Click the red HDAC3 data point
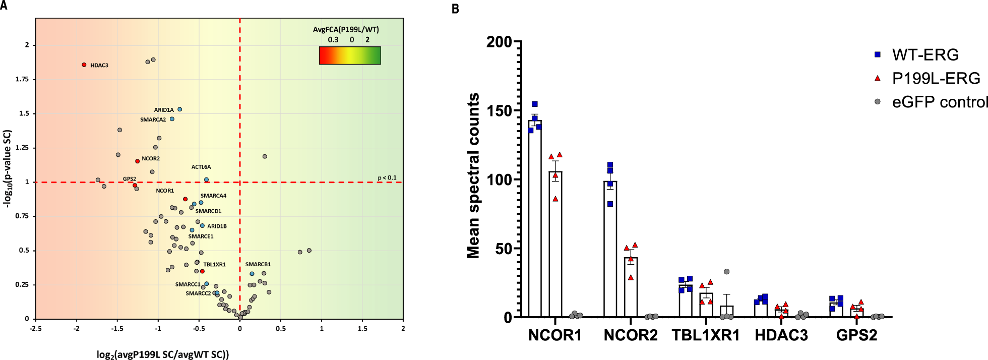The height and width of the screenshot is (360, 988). tap(84, 65)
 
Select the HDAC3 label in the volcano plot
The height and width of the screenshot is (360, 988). tap(99, 66)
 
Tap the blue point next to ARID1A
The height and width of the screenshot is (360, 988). tap(179, 109)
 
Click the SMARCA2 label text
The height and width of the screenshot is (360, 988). tap(153, 120)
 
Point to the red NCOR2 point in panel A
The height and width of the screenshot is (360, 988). tap(137, 161)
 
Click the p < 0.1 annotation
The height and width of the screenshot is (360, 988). tap(387, 178)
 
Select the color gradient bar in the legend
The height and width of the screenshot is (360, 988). tap(349, 55)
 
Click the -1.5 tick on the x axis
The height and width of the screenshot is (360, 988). tap(117, 329)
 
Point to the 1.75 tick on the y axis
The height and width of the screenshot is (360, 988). tap(22, 79)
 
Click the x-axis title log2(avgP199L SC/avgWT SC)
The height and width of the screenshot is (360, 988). tap(162, 354)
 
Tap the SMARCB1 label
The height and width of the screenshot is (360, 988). tap(258, 264)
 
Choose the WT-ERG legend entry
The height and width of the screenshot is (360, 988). tap(925, 54)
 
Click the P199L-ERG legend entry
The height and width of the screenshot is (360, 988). tap(936, 78)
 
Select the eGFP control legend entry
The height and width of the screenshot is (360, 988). tap(939, 102)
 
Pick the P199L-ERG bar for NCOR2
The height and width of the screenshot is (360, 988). tap(631, 287)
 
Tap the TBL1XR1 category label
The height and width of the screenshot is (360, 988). tap(705, 335)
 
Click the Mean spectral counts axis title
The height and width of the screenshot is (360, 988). tap(473, 175)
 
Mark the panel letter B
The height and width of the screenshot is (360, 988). tap(455, 9)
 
